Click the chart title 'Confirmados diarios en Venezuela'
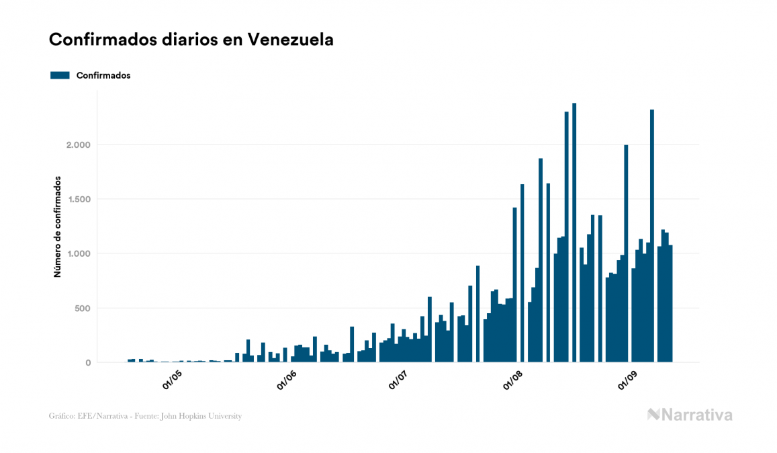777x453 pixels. click(191, 40)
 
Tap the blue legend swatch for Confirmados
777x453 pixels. click(60, 75)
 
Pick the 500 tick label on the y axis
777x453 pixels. click(81, 308)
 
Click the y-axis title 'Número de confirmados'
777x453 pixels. click(58, 226)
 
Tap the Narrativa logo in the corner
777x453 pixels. click(690, 415)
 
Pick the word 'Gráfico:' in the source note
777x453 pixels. click(62, 416)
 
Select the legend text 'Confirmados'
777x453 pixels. click(103, 75)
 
